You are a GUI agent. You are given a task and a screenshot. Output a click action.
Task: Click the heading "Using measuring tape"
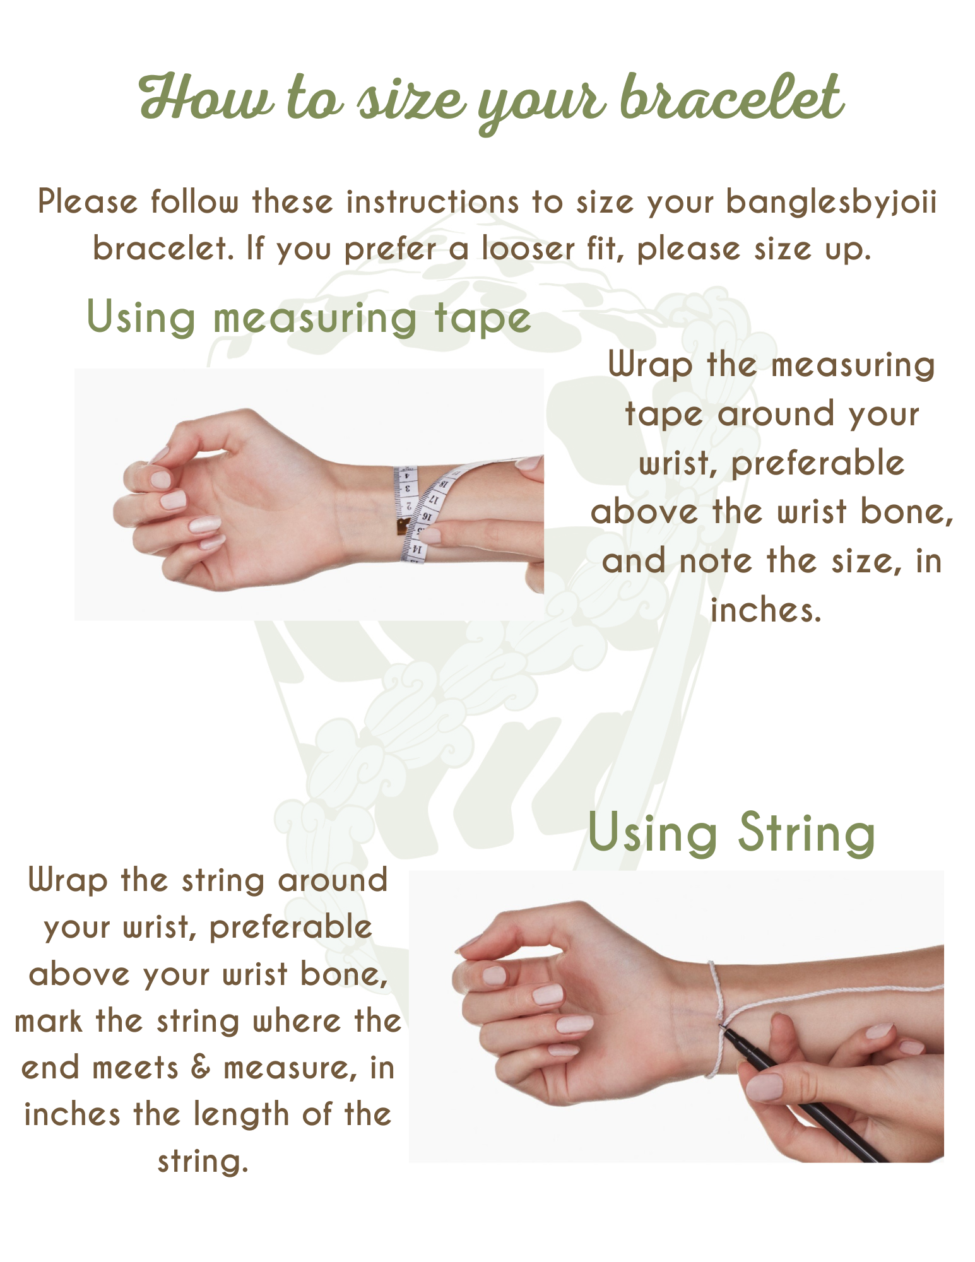(309, 317)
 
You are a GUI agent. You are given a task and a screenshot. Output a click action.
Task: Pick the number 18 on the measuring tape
(444, 484)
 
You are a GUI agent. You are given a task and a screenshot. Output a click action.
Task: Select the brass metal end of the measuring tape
(402, 526)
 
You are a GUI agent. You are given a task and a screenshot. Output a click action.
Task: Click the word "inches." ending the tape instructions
(766, 610)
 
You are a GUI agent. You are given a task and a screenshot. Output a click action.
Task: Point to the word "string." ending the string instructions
(203, 1161)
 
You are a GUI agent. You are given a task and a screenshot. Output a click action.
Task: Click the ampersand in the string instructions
(201, 1068)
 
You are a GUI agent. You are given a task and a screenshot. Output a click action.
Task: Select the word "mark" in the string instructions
(48, 1021)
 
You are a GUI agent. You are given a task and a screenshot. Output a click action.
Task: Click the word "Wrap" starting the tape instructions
(651, 366)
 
